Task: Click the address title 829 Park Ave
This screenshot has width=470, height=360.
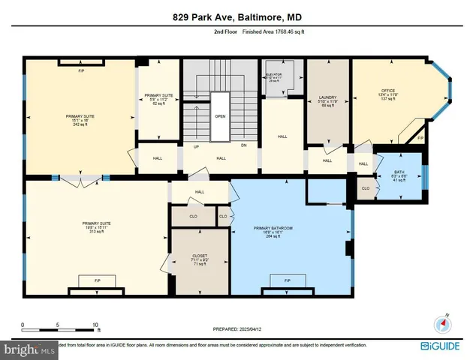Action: [234, 17]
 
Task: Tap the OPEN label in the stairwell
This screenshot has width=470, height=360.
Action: [220, 116]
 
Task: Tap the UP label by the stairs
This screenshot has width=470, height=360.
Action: [197, 147]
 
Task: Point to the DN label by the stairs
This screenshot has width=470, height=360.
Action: [244, 147]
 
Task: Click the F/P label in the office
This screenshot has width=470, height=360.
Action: [420, 139]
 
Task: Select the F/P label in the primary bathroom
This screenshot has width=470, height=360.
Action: [288, 280]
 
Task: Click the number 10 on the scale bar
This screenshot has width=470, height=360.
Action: [95, 325]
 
